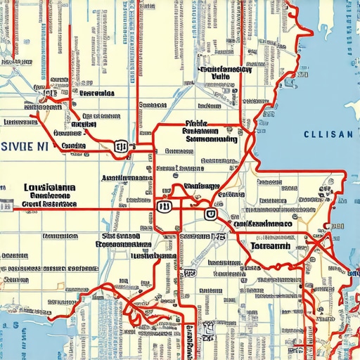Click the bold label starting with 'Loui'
coord(49,188)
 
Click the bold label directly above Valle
coord(226,69)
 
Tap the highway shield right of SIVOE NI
coord(120,146)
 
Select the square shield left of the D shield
coord(165,207)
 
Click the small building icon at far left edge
coord(6,205)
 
